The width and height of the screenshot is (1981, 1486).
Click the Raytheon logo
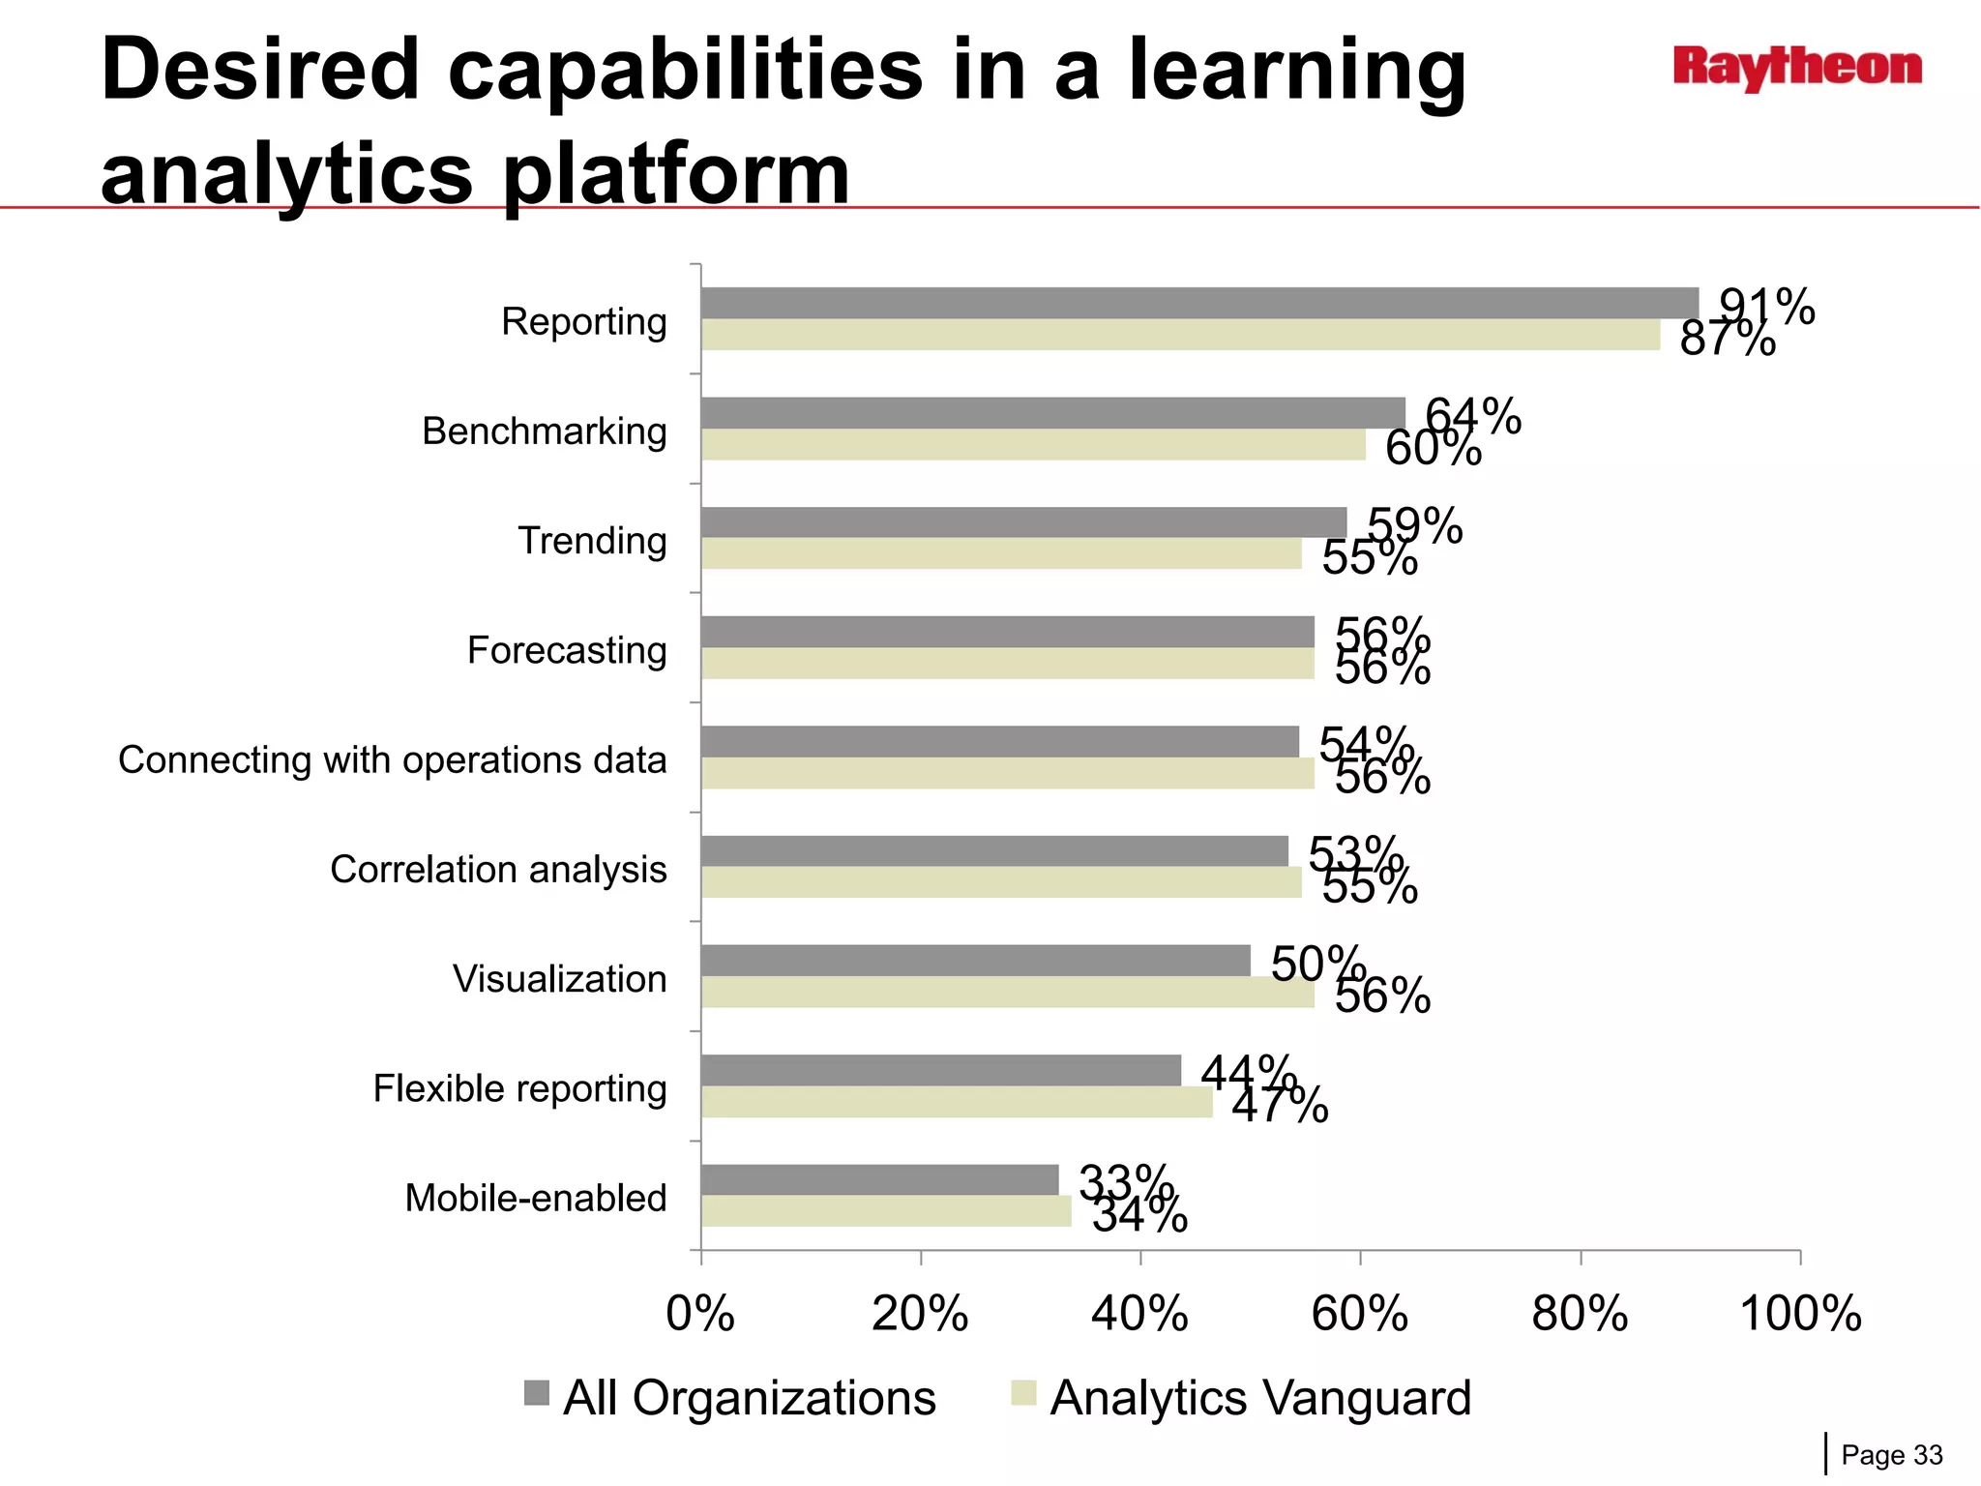click(x=1797, y=68)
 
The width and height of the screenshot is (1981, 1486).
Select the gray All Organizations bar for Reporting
click(x=1199, y=303)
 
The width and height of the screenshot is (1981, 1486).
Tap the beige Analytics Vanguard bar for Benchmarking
click(x=1033, y=445)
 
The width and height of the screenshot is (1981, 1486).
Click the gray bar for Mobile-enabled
click(x=879, y=1179)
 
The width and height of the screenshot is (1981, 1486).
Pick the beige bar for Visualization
click(x=1007, y=993)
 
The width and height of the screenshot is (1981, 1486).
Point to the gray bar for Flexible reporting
click(x=940, y=1070)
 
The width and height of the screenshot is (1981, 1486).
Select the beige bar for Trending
click(x=1001, y=554)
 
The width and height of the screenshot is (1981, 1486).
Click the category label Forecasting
click(x=567, y=650)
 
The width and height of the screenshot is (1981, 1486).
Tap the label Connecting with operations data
click(x=392, y=760)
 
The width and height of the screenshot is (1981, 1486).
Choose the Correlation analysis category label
click(x=498, y=870)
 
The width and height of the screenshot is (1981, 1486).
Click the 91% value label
click(x=1767, y=307)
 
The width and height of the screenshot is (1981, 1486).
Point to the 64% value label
click(x=1473, y=416)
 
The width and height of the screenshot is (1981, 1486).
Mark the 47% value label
click(x=1280, y=1105)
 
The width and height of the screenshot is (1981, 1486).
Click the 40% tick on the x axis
click(x=1140, y=1314)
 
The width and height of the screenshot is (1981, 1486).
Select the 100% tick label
click(x=1800, y=1314)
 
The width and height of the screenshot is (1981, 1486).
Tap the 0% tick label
click(x=700, y=1314)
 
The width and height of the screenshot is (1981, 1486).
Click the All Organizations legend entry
click(x=730, y=1398)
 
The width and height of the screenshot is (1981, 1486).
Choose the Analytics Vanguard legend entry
click(x=1241, y=1398)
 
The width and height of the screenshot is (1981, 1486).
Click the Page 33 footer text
click(x=1891, y=1455)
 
